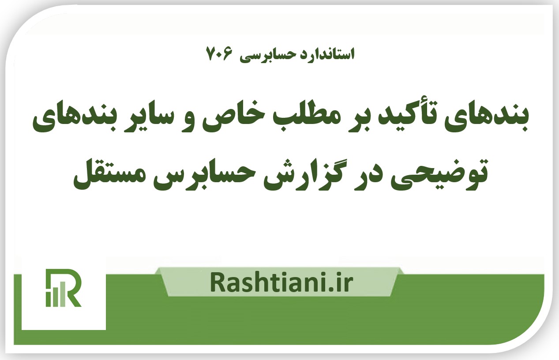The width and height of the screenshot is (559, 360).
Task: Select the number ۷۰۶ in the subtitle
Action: (x=219, y=54)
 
